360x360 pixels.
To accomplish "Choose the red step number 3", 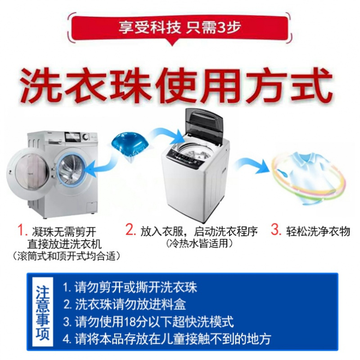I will pyautogui.click(x=275, y=230).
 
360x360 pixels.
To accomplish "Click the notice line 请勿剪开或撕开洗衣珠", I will pyautogui.click(x=130, y=287).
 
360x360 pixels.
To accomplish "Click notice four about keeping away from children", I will pyautogui.click(x=166, y=339).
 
